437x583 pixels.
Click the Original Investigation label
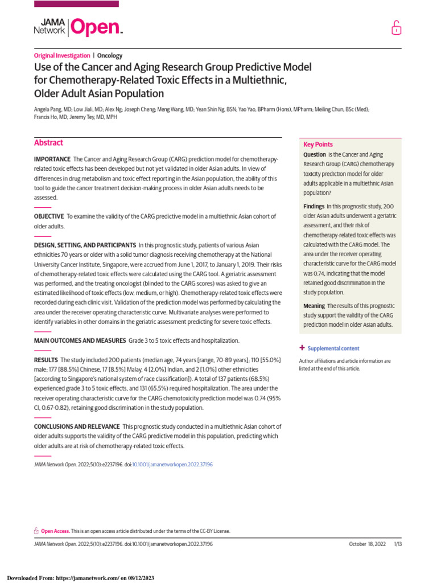coord(61,56)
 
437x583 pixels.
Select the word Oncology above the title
coord(110,56)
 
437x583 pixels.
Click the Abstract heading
coord(48,143)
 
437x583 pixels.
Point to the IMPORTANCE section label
coord(52,159)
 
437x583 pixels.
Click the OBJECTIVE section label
coord(49,216)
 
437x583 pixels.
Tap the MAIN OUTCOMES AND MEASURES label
coord(80,340)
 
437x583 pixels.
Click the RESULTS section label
coord(46,360)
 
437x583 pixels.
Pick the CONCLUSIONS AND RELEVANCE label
coord(77,426)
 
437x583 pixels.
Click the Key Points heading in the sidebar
coord(318,145)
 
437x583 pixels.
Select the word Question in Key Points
coord(314,155)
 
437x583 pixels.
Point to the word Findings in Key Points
coord(314,206)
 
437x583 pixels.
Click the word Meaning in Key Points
coord(314,306)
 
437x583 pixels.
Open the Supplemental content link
coord(333,348)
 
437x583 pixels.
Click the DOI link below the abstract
coord(172,465)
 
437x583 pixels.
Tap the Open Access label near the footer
coord(55,531)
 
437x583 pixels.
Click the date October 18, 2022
coord(367,544)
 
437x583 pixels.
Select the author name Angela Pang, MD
coord(55,108)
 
